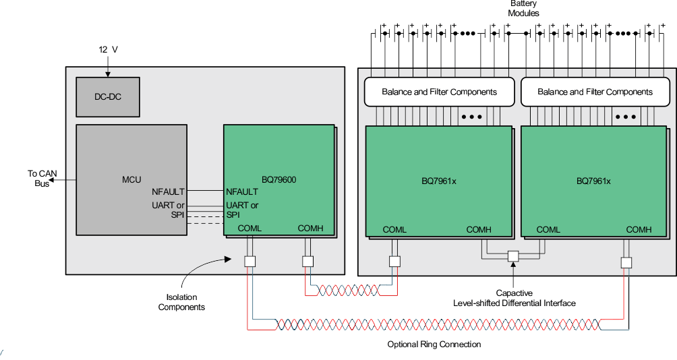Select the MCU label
[131, 179]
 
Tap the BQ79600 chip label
[278, 179]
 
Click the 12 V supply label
[108, 49]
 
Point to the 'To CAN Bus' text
[42, 179]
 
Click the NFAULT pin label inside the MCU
[168, 192]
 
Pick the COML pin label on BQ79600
[249, 229]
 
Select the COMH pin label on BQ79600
[310, 229]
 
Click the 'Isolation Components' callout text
[181, 302]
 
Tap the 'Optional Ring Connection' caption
[434, 344]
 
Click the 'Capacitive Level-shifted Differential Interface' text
[514, 298]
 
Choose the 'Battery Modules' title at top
[523, 9]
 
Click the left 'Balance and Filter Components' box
[439, 92]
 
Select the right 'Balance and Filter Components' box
[595, 92]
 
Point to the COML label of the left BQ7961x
[394, 230]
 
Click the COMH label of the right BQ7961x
[639, 230]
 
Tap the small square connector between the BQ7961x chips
[513, 256]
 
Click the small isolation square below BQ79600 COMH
[307, 262]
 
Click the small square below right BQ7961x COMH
[626, 262]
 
